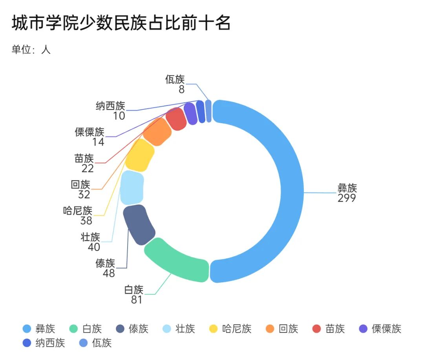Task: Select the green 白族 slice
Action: pos(177,261)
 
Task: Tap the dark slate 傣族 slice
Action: pos(138,225)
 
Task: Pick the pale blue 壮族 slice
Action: pos(132,187)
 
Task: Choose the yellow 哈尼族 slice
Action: pos(140,155)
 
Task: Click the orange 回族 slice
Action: pos(157,132)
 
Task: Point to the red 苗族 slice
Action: pos(175,118)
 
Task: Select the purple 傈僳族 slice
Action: pos(190,113)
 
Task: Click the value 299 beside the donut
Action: pos(347,198)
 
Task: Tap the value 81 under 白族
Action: pos(137,300)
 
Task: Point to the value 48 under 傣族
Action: pos(109,273)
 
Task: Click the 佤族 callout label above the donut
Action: pos(175,79)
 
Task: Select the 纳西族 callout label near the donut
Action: pos(110,106)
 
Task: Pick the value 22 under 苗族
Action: pos(88,169)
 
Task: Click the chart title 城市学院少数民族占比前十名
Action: pos(121,24)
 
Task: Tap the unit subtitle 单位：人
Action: pos(31,50)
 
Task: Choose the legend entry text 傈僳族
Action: pos(387,329)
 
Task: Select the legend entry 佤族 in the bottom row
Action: pos(102,343)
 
